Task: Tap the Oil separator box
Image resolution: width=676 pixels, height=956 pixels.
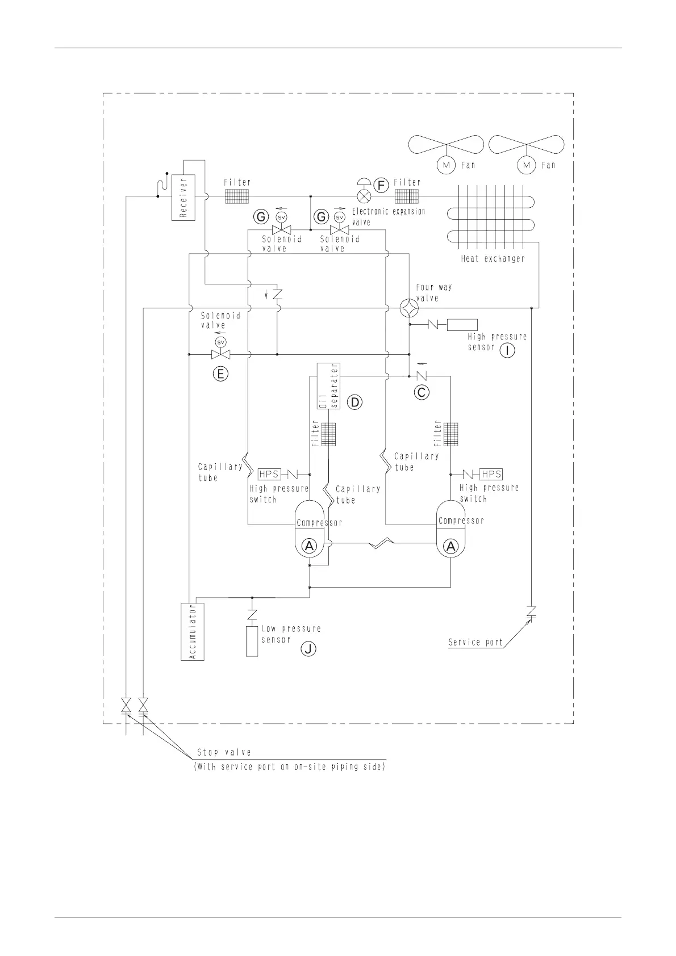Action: tap(328, 386)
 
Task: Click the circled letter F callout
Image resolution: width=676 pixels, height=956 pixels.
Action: tap(381, 185)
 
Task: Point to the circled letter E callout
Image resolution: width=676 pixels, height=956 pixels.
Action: tap(220, 374)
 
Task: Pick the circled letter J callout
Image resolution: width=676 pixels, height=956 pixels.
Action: tap(308, 649)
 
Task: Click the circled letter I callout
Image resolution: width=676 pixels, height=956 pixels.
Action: tap(507, 350)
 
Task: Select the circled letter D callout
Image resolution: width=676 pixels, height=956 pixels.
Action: tap(354, 402)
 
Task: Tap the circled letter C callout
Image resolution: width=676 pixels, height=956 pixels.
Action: tap(422, 392)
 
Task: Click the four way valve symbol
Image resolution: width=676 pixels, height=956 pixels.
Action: tap(409, 308)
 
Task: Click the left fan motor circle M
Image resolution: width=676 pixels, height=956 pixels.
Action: tap(446, 165)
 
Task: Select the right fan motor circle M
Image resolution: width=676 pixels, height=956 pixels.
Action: tap(527, 165)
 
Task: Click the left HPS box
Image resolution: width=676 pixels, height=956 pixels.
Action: tap(269, 474)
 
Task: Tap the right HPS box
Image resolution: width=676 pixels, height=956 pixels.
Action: tap(491, 474)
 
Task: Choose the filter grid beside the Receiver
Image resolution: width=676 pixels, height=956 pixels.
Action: tap(237, 196)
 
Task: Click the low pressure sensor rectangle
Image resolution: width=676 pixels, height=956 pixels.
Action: tap(252, 641)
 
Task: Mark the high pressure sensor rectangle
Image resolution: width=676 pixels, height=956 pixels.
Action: tap(462, 325)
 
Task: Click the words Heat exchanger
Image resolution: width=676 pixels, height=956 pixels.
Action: tap(493, 259)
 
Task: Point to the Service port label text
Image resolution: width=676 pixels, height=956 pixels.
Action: tap(475, 643)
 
